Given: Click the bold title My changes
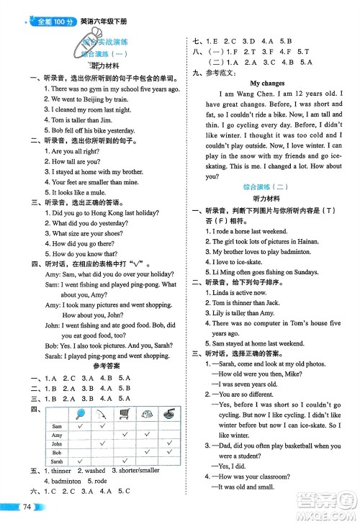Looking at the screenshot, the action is (269, 83).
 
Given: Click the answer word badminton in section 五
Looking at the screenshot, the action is (66, 480).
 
